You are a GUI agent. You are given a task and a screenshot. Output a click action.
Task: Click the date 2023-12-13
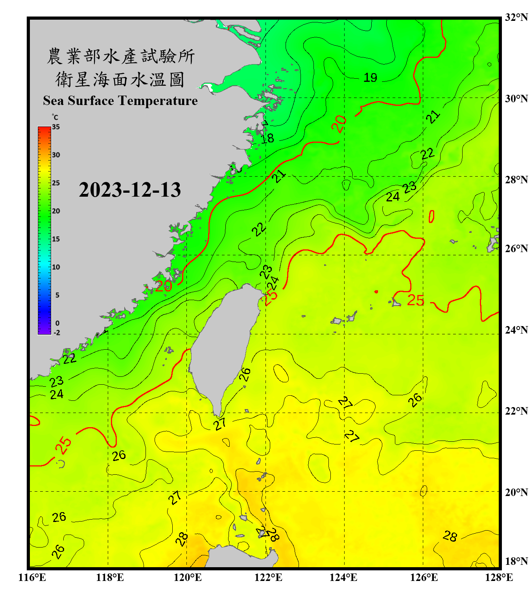point(130,190)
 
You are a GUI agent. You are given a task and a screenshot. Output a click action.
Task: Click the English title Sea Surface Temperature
point(120,101)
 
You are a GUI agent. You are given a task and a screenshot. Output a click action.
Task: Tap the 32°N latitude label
point(516,17)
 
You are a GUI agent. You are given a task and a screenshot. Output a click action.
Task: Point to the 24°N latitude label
point(516,330)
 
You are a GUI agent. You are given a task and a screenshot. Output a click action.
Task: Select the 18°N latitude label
point(516,561)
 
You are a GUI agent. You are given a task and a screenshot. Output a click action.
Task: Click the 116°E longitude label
point(32,577)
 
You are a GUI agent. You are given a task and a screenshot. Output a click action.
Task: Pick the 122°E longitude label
point(268,577)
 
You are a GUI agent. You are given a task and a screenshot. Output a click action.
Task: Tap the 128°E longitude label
point(499,577)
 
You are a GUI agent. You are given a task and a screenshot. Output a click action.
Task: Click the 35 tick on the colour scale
point(56,127)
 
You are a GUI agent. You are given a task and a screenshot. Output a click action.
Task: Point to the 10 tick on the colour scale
point(56,267)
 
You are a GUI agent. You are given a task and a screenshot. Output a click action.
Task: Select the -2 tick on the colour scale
point(57,332)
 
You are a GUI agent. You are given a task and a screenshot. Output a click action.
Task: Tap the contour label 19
point(370,77)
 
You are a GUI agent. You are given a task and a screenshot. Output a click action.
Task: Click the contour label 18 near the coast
point(267,138)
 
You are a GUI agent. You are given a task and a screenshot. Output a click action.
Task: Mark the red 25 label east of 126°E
point(415,301)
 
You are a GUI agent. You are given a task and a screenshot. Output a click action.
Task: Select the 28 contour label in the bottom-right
point(450,536)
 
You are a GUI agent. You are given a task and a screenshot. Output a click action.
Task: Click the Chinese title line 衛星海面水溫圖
point(120,79)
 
